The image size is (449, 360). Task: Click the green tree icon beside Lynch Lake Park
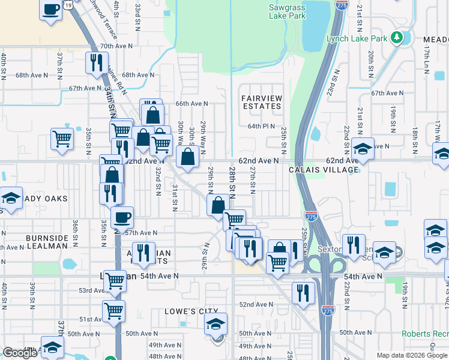pyautogui.click(x=396, y=38)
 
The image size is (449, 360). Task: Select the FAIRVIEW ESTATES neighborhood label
pyautogui.click(x=261, y=101)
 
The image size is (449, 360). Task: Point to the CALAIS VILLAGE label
pyautogui.click(x=324, y=170)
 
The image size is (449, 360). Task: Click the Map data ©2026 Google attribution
pyautogui.click(x=412, y=355)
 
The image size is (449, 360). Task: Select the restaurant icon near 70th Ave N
pyautogui.click(x=97, y=62)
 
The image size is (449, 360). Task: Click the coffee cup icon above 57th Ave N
pyautogui.click(x=122, y=217)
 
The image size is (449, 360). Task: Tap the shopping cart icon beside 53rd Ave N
pyautogui.click(x=115, y=280)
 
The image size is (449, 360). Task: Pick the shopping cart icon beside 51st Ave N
pyautogui.click(x=113, y=310)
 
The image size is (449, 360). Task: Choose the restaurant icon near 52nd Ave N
pyautogui.click(x=304, y=292)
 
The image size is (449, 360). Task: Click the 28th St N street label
pyautogui.click(x=232, y=183)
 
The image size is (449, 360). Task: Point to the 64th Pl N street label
pyautogui.click(x=261, y=126)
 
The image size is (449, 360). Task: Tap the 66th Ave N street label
pyautogui.click(x=191, y=104)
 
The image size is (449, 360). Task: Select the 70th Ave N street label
pyautogui.click(x=115, y=46)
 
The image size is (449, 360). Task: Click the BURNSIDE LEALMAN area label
pyautogui.click(x=51, y=243)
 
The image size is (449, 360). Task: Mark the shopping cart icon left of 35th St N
pyautogui.click(x=62, y=139)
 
